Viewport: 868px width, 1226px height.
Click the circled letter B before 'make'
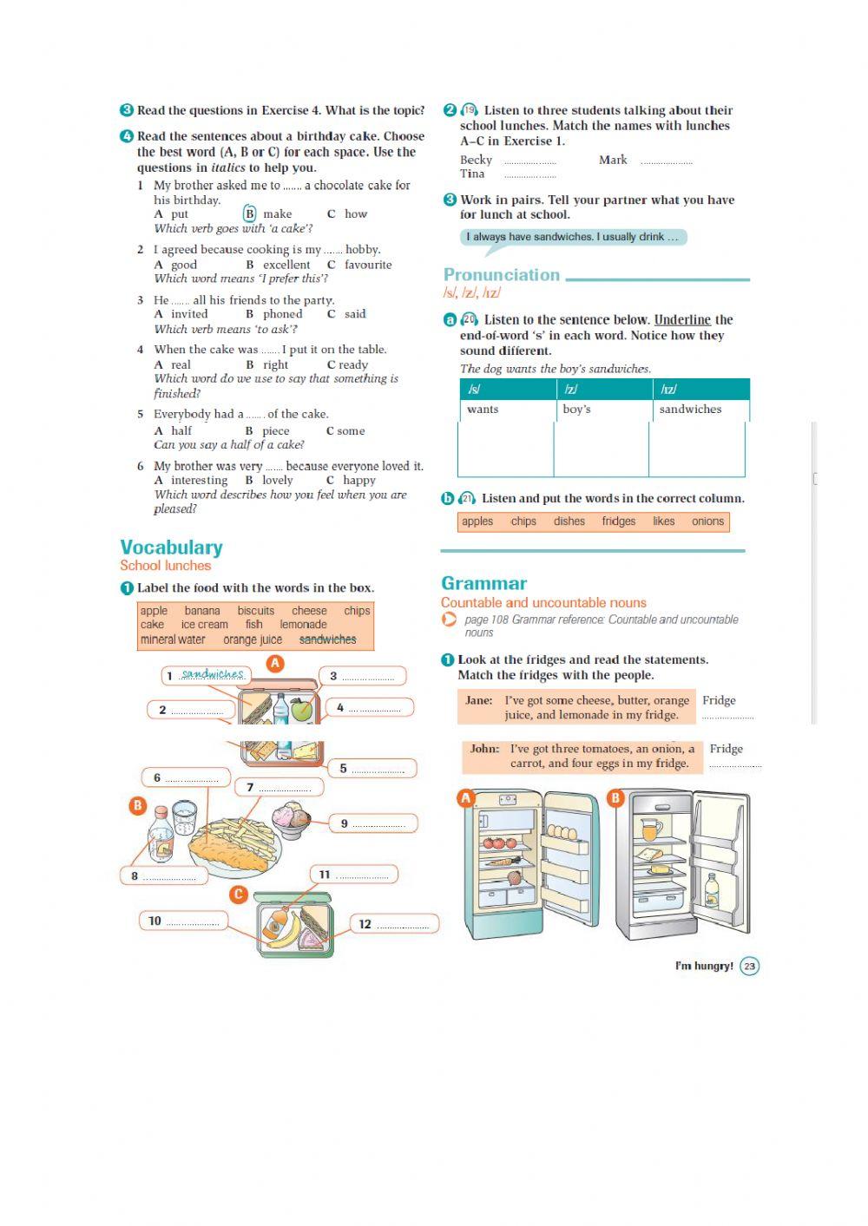[250, 213]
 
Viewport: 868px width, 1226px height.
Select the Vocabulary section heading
[171, 547]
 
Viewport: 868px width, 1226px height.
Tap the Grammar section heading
[483, 583]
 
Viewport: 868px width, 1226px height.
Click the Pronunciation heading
[502, 275]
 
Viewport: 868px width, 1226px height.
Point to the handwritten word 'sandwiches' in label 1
[213, 674]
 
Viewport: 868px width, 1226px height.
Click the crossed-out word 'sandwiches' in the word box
[327, 639]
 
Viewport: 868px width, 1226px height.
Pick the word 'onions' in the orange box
[707, 521]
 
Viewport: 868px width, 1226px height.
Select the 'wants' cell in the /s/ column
[483, 410]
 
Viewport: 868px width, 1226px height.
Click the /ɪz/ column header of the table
[668, 390]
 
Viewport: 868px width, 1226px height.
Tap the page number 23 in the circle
[750, 966]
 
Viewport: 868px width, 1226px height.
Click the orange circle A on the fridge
[466, 798]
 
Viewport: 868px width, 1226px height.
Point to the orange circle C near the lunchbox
[239, 895]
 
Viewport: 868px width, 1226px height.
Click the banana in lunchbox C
[288, 929]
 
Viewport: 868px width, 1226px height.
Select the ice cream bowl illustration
[291, 818]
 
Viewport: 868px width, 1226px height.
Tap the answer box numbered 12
[395, 924]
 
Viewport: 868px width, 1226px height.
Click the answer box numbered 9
[373, 823]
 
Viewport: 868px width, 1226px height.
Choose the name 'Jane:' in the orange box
[479, 700]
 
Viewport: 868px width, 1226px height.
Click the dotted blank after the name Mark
[667, 161]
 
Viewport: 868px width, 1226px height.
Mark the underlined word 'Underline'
[682, 319]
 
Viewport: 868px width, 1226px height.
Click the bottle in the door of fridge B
[712, 890]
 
